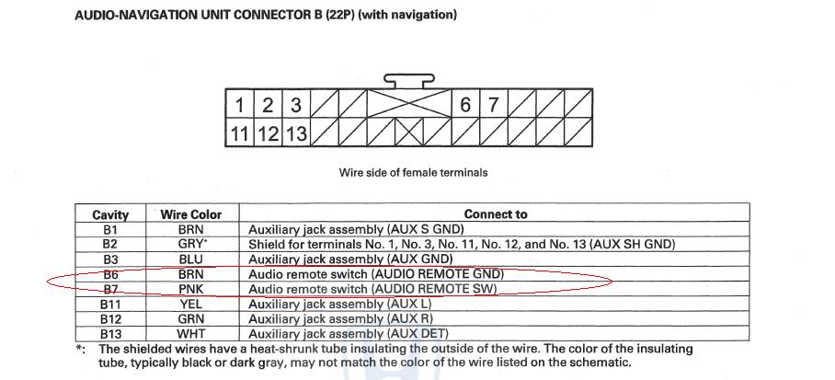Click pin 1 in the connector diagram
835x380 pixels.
pyautogui.click(x=240, y=105)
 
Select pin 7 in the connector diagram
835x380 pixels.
pyautogui.click(x=494, y=105)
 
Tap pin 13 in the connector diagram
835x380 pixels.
pyautogui.click(x=295, y=133)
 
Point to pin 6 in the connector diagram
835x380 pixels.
pyautogui.click(x=466, y=105)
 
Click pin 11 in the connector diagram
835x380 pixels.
pyautogui.click(x=240, y=133)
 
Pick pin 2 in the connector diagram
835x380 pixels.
pyautogui.click(x=268, y=105)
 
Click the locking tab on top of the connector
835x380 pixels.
pyautogui.click(x=409, y=82)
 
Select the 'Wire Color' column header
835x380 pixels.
pyautogui.click(x=191, y=214)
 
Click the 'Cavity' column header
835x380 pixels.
pyautogui.click(x=110, y=214)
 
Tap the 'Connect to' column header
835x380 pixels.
pyautogui.click(x=496, y=214)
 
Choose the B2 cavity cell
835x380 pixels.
pyautogui.click(x=110, y=244)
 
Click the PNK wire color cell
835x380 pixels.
pyautogui.click(x=191, y=289)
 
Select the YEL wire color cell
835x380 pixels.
pyautogui.click(x=191, y=304)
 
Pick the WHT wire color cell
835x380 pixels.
pyautogui.click(x=191, y=333)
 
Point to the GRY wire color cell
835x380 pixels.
pyautogui.click(x=191, y=244)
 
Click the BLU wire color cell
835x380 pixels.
pyautogui.click(x=191, y=259)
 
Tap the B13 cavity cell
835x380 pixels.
pyautogui.click(x=110, y=333)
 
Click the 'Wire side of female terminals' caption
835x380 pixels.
pyautogui.click(x=414, y=173)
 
